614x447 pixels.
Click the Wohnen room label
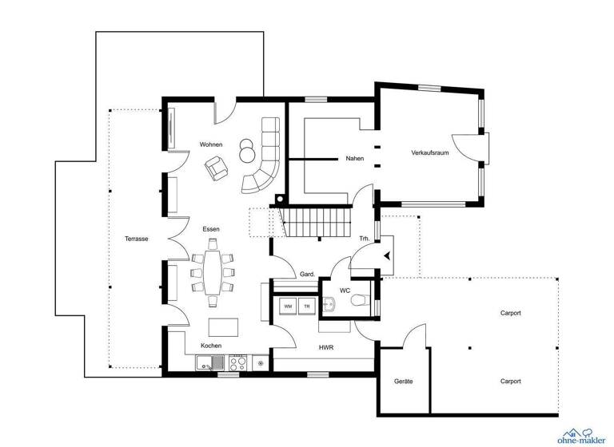211,144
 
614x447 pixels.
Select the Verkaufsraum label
429,152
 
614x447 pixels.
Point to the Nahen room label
354,158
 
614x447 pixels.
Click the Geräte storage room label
403,382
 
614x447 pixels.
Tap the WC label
345,291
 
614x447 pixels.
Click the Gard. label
306,273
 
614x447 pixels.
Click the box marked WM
287,306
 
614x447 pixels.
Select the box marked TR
305,306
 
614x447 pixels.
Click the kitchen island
223,326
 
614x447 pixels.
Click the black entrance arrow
388,256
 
